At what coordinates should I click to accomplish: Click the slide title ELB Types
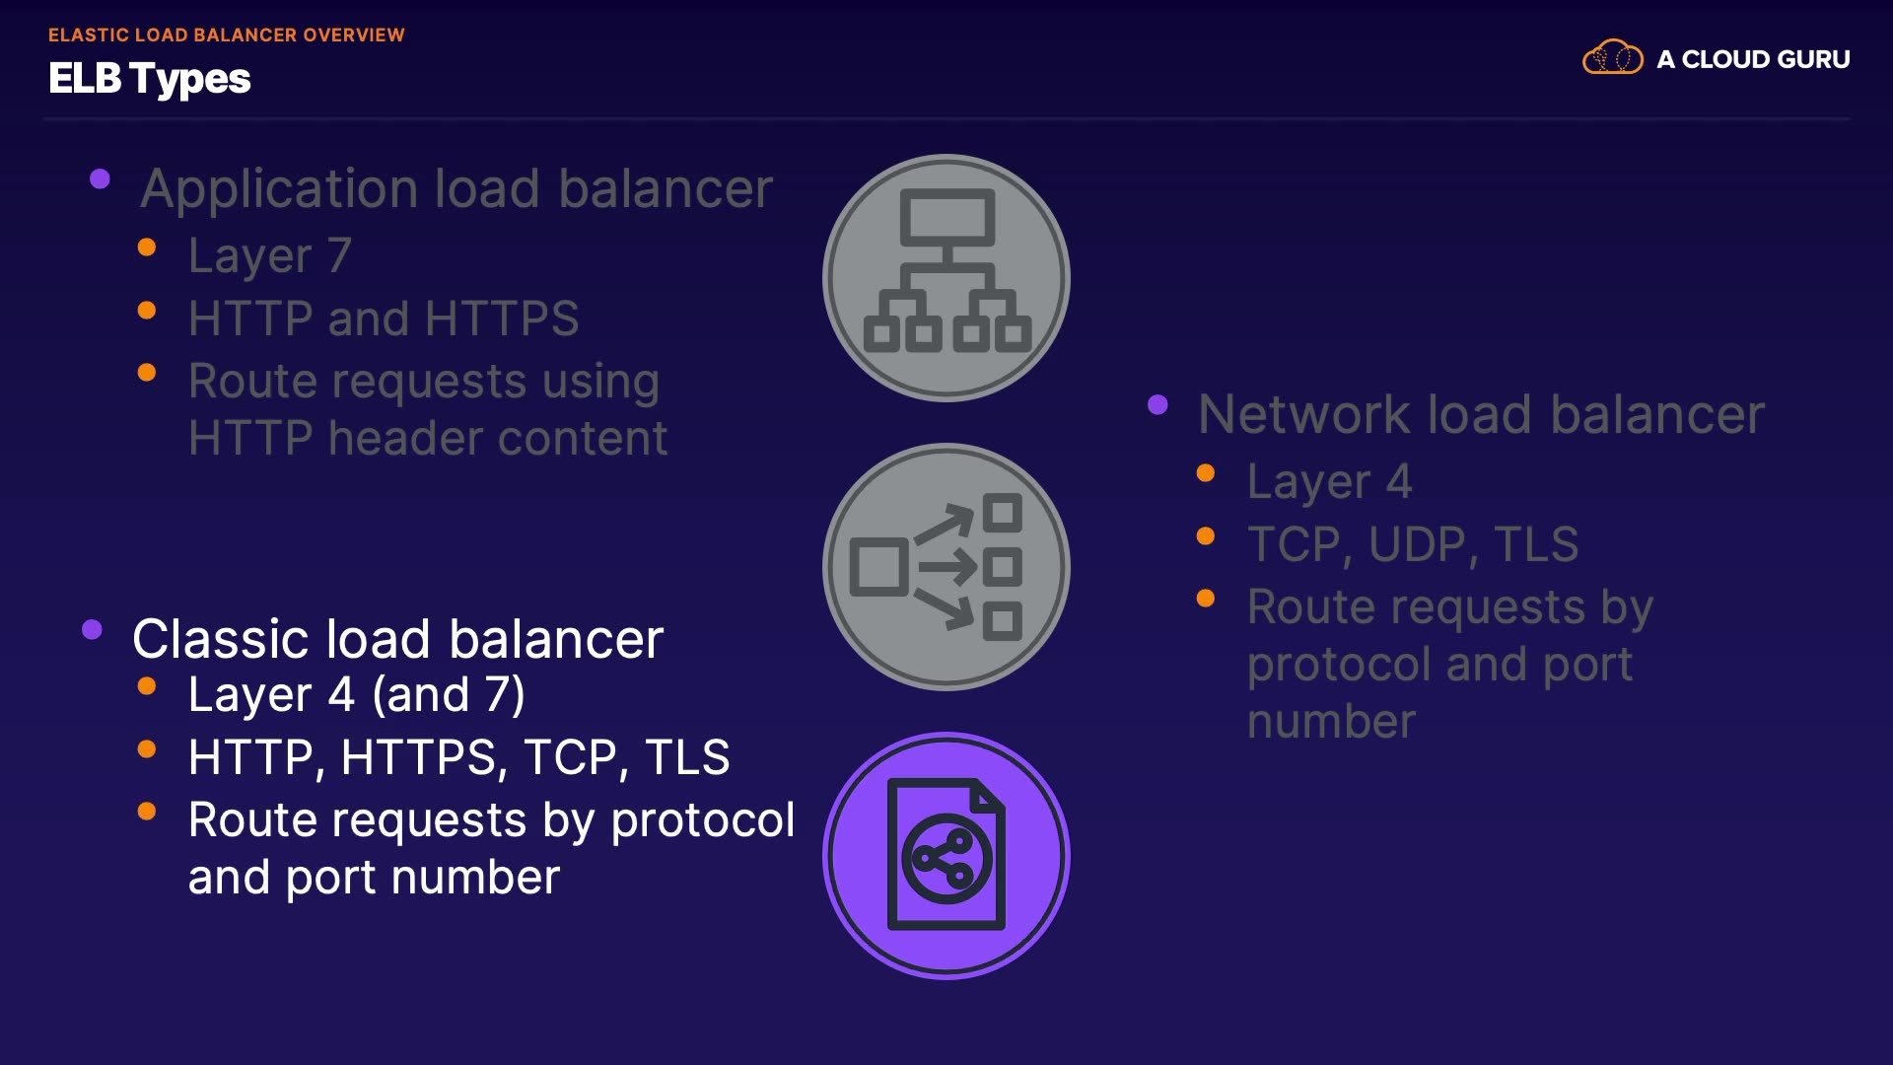coord(150,79)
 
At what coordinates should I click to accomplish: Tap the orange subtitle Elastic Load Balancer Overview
coord(226,35)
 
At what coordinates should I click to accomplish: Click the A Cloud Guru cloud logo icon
coord(1612,58)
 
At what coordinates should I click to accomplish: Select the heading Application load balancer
coord(456,188)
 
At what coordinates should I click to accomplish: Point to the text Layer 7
coord(269,255)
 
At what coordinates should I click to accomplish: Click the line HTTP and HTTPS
coord(383,319)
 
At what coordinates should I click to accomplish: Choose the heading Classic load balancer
coord(397,639)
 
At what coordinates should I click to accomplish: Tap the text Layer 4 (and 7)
coord(356,695)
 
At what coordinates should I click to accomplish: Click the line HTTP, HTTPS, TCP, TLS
coord(458,757)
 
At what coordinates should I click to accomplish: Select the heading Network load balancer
coord(1480,414)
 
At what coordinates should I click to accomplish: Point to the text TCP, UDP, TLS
coord(1412,544)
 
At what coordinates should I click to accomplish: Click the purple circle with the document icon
coord(946,855)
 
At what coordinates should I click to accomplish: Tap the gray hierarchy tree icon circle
coord(946,278)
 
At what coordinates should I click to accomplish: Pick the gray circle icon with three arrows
coord(946,567)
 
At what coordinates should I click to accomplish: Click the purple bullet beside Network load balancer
coord(1158,404)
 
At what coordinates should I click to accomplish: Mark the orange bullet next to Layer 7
coord(147,248)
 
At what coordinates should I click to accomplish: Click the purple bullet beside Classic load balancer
coord(93,630)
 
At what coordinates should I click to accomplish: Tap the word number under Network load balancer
coord(1331,722)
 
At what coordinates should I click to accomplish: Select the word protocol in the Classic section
coord(702,820)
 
